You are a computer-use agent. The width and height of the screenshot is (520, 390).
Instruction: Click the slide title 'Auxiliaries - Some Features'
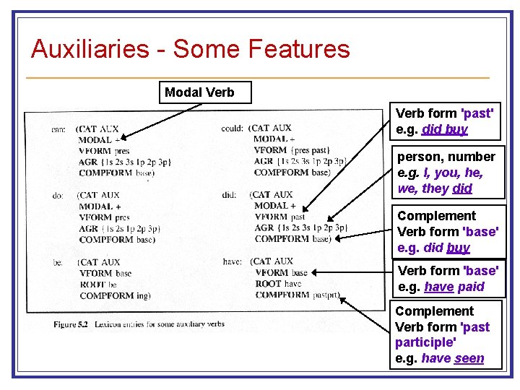pos(191,49)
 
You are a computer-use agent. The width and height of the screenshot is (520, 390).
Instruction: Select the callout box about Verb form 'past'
pos(446,121)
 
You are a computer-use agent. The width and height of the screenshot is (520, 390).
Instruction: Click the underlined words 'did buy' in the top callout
pos(445,129)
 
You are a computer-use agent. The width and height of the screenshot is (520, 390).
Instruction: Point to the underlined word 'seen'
pos(469,358)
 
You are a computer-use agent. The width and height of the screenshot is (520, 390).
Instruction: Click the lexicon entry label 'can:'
pos(58,129)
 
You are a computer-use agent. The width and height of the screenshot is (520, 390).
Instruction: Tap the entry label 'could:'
pos(233,128)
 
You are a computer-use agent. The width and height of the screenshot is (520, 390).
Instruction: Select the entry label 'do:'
pos(58,195)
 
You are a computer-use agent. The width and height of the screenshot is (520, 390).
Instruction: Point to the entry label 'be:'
pos(58,262)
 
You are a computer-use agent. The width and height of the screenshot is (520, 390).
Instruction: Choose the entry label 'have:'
pos(232,261)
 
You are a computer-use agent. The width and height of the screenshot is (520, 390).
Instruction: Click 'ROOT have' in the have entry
pos(278,284)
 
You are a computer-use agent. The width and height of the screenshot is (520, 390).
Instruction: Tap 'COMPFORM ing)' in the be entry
pos(115,295)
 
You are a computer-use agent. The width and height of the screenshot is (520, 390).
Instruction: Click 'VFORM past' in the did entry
pos(279,217)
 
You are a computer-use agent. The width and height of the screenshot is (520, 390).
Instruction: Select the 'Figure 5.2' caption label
pos(70,324)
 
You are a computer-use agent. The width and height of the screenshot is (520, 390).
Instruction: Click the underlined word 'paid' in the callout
pos(471,287)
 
